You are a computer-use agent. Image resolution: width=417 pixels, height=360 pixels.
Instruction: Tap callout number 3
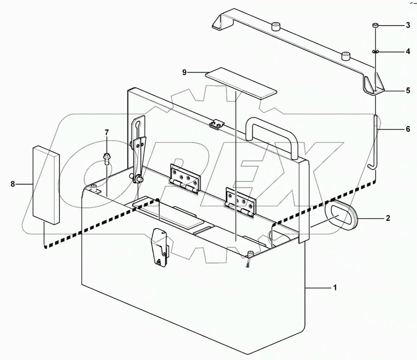(x=408, y=26)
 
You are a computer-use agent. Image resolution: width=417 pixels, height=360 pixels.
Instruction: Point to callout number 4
(x=408, y=52)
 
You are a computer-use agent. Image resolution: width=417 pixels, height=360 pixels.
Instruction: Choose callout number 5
(x=408, y=91)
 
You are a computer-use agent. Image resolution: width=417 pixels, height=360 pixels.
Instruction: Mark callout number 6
(x=408, y=129)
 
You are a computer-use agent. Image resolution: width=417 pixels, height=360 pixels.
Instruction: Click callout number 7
(x=107, y=132)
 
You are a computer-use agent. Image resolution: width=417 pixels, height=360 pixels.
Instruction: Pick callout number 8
(x=13, y=185)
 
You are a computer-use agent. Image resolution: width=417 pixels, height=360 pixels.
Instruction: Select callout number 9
(x=185, y=72)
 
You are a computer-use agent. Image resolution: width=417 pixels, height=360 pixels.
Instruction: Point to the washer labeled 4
(x=375, y=52)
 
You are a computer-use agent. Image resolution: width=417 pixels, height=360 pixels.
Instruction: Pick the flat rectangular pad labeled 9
(x=241, y=82)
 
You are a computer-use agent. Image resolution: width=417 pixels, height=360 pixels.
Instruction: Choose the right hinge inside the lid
(x=240, y=201)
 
